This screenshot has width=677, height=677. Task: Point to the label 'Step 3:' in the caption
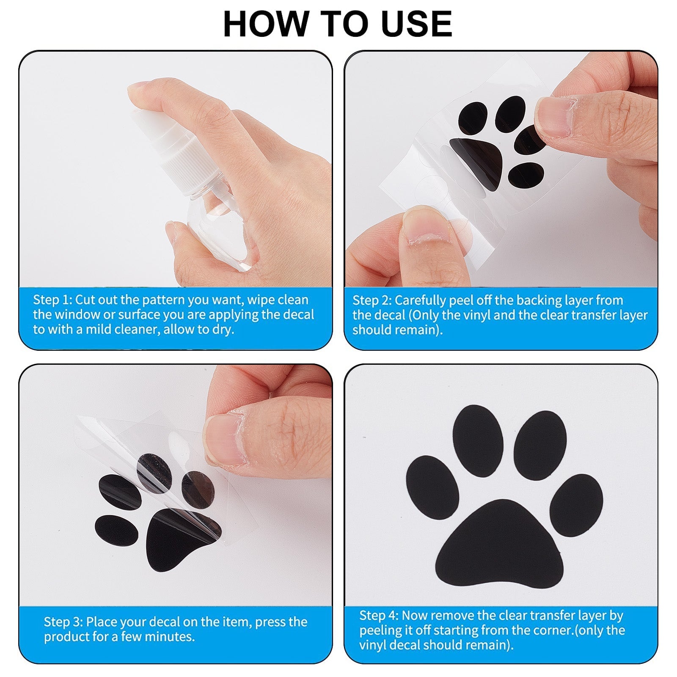63,622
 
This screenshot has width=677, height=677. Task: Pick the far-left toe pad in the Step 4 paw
432,487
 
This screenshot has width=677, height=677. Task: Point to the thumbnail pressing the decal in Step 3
224,440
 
